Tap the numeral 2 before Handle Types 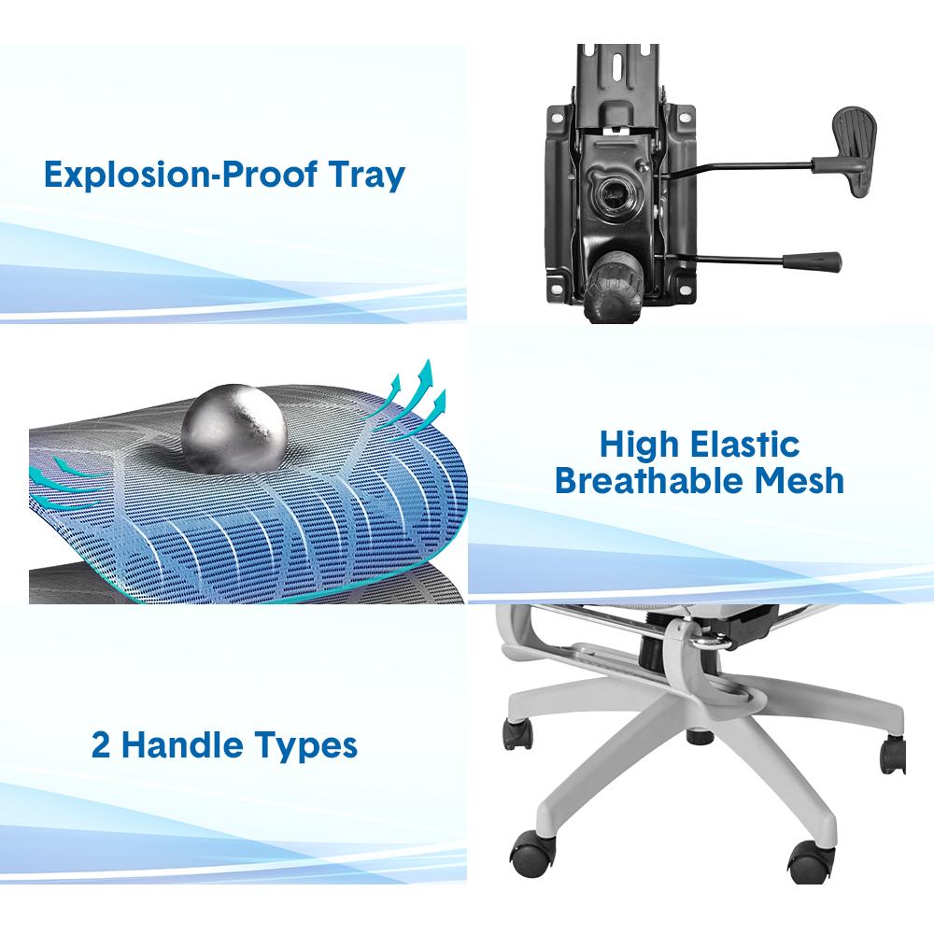click(100, 744)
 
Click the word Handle click(182, 744)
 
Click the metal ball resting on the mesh click(234, 429)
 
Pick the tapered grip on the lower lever click(812, 261)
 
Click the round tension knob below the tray click(614, 287)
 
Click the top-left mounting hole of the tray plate click(557, 119)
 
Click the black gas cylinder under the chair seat click(652, 651)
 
